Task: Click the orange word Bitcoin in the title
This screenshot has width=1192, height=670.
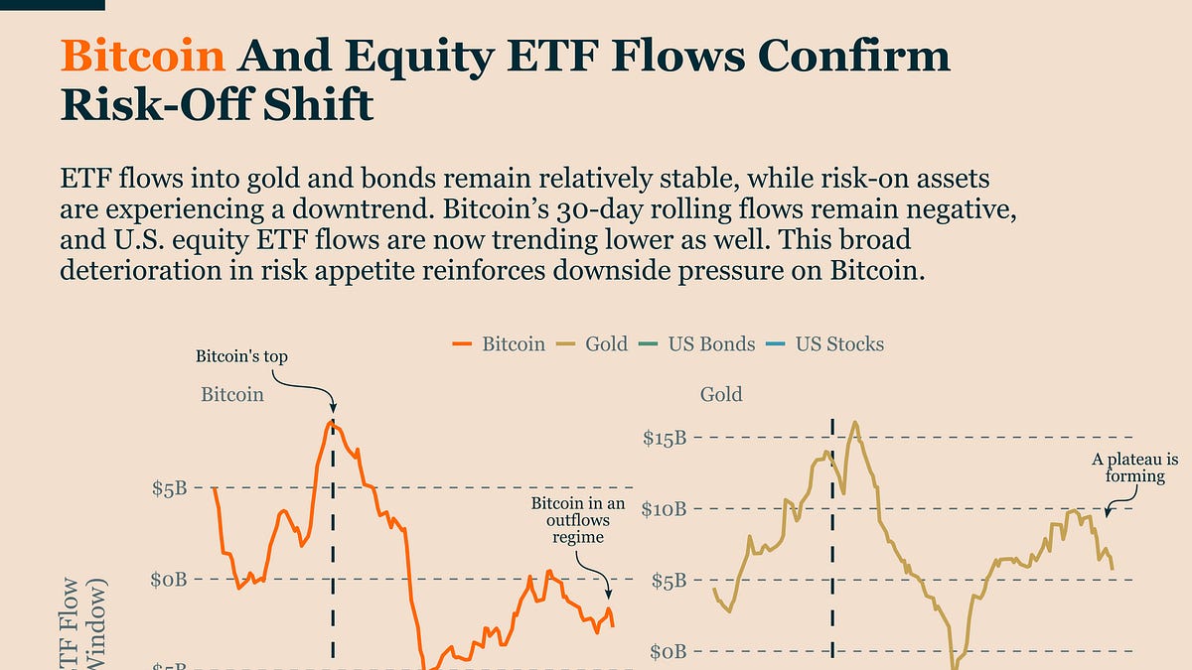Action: tap(142, 57)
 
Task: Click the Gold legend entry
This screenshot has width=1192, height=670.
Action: tap(592, 344)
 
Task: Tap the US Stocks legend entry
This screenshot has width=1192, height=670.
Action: tap(825, 344)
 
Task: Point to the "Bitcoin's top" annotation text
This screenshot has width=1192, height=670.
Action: tap(241, 355)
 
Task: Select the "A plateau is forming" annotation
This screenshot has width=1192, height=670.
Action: tap(1134, 468)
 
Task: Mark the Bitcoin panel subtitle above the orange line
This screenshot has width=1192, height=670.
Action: tap(232, 394)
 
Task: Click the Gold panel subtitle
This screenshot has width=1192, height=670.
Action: tap(721, 394)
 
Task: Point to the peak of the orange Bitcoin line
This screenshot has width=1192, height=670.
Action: tap(333, 424)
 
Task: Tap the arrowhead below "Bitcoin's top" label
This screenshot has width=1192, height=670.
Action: tap(333, 406)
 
